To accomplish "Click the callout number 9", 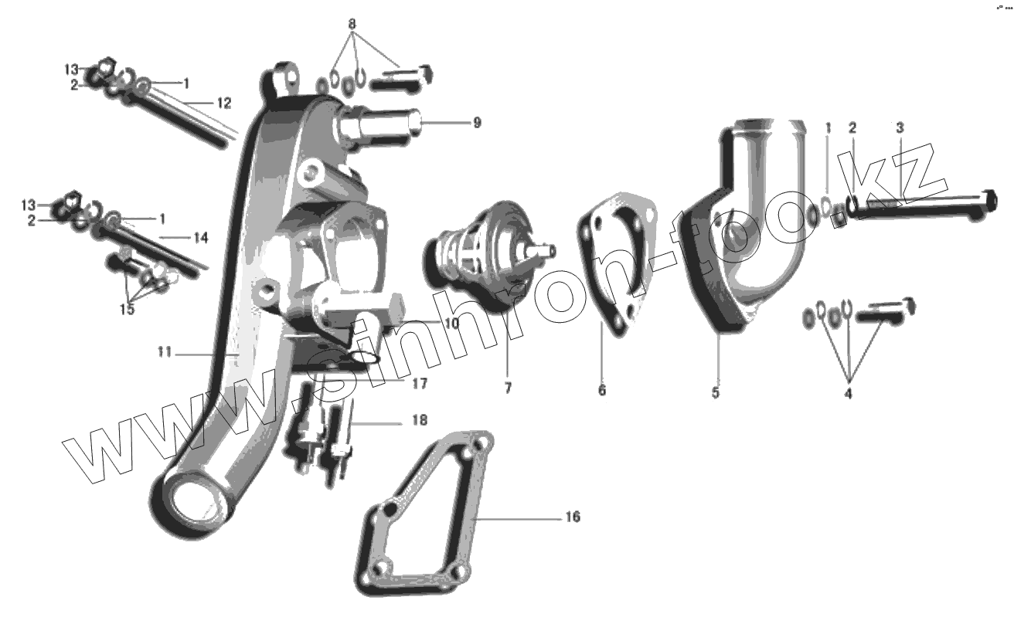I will coord(477,122).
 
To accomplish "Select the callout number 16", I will coord(573,517).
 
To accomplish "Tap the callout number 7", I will coord(508,388).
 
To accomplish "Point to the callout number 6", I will coord(602,390).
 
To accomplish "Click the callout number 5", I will coord(716,392).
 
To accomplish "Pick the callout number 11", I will coord(164,352).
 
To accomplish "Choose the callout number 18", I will coord(420,421).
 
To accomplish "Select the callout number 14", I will coord(200,238).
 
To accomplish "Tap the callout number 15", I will coord(127,309).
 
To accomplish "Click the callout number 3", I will coord(900,127).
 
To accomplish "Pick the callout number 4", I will coord(848,394).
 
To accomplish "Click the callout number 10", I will coord(451,324).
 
